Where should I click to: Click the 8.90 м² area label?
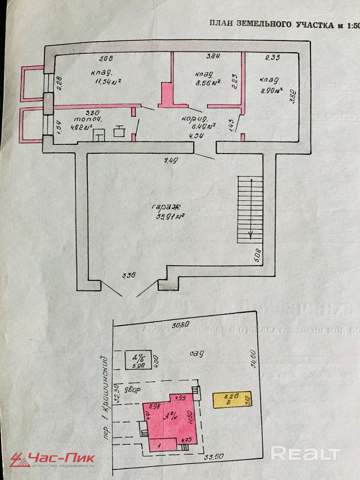click(x=271, y=90)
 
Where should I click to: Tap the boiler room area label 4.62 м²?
click(x=81, y=127)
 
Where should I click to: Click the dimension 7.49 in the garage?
click(x=171, y=160)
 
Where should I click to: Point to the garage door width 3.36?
click(x=129, y=276)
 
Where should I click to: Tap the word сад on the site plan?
click(x=196, y=353)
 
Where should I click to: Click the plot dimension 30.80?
click(x=181, y=324)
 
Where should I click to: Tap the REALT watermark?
click(x=305, y=454)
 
